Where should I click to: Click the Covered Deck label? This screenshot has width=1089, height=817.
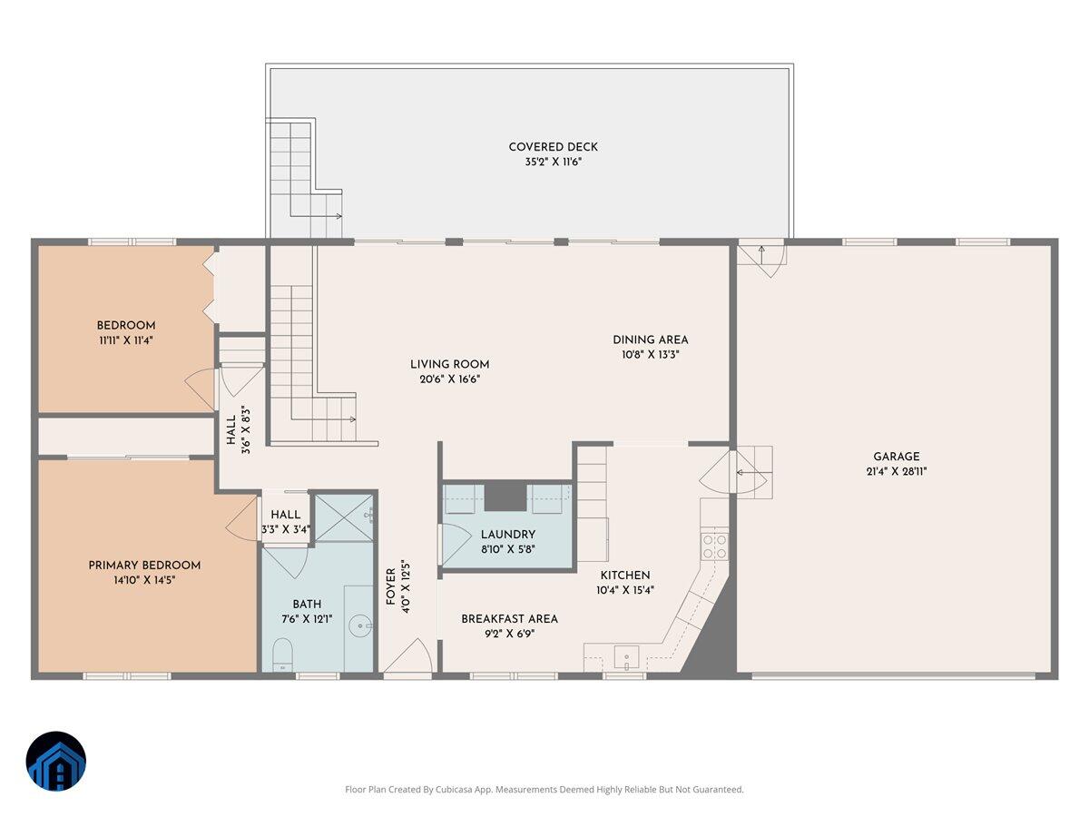553,147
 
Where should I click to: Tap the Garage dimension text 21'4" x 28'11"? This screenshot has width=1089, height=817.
896,471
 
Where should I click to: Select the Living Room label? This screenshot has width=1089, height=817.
449,364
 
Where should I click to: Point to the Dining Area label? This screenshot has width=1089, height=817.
650,340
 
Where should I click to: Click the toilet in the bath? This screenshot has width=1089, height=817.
283,655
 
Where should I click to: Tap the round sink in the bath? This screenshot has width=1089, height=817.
359,626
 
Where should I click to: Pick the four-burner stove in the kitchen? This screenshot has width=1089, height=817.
714,546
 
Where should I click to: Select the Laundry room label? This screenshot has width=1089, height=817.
508,535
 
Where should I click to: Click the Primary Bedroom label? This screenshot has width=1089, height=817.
144,565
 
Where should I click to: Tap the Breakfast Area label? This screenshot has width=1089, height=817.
509,618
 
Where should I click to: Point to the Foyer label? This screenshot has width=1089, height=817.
391,586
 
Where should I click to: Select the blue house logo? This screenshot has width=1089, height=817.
56,761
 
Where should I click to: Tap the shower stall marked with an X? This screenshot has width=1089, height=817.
344,517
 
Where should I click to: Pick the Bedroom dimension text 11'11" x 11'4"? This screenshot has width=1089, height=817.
126,340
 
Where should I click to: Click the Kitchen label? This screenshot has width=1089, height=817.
625,575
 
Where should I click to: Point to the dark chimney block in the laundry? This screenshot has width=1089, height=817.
505,497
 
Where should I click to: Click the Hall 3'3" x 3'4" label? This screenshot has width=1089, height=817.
286,522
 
